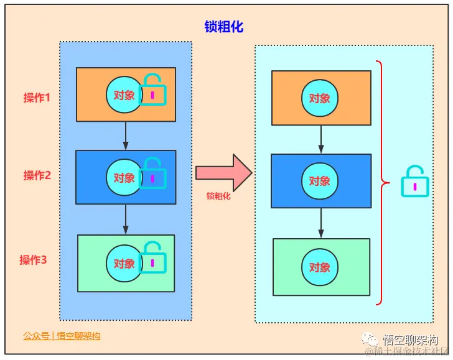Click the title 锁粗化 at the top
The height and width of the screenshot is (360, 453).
click(223, 27)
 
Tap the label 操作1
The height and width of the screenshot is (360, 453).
click(37, 98)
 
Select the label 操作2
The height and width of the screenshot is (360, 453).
click(37, 175)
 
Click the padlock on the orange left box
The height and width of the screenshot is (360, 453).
click(152, 91)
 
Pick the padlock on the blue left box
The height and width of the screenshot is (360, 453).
click(152, 174)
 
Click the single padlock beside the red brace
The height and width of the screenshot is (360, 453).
click(415, 183)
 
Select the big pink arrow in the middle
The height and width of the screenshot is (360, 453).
click(223, 172)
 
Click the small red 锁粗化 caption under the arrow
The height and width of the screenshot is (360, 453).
click(218, 195)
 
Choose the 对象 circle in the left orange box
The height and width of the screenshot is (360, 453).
click(124, 95)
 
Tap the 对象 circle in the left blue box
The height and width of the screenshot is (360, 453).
click(124, 178)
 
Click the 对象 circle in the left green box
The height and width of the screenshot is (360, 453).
click(124, 263)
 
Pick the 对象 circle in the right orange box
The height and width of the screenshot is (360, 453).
click(320, 98)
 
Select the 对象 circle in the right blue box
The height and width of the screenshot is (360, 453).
click(320, 181)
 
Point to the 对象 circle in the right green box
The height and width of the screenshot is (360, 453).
click(320, 267)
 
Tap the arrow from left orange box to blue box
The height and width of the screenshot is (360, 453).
click(126, 136)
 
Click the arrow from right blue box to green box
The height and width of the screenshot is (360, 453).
click(321, 223)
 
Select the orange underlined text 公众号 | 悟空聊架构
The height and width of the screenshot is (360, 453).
click(62, 336)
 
